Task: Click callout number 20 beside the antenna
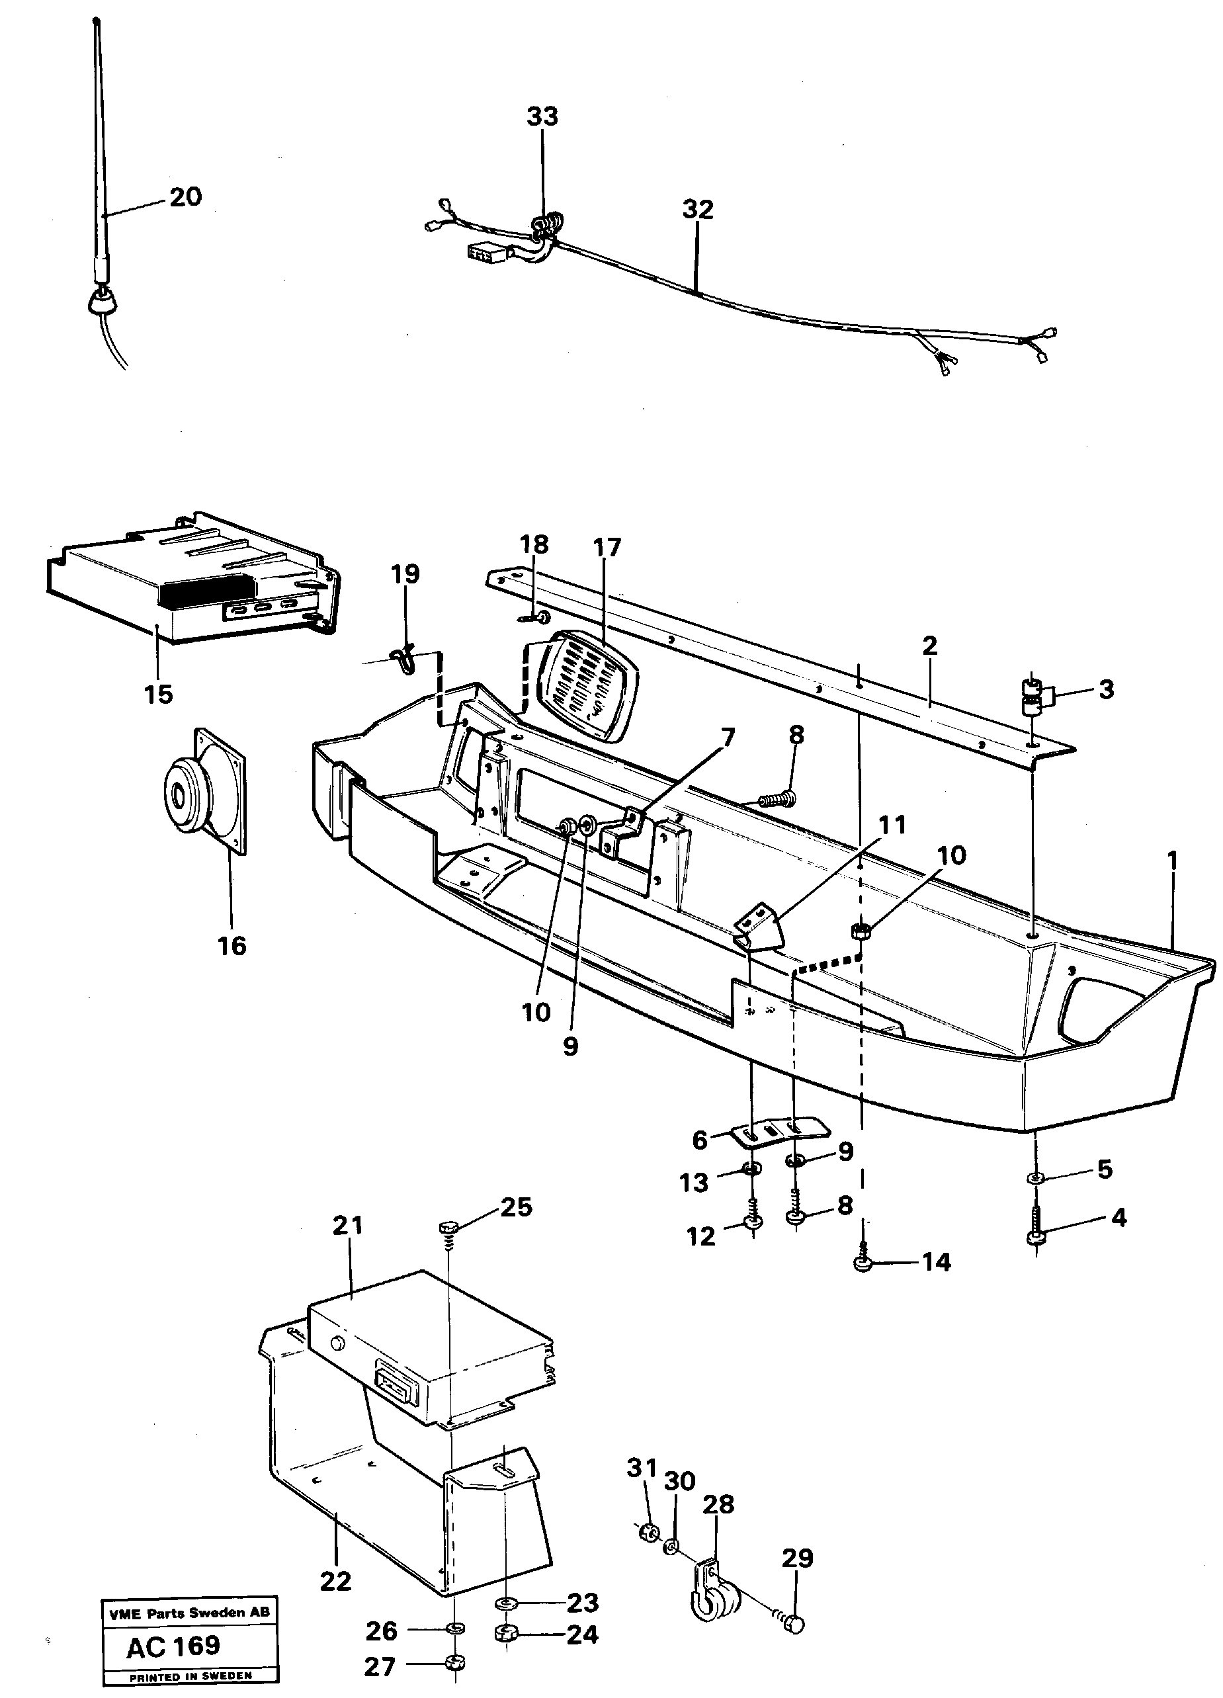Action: point(185,197)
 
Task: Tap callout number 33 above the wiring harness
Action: point(542,117)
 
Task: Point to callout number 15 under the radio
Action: point(158,694)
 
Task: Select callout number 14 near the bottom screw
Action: point(935,1262)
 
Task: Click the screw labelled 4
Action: point(1036,1236)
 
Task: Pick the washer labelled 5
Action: point(1036,1179)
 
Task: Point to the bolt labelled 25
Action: point(448,1227)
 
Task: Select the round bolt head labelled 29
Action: point(796,1619)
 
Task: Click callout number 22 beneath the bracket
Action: point(335,1581)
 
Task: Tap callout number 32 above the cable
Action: point(698,210)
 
